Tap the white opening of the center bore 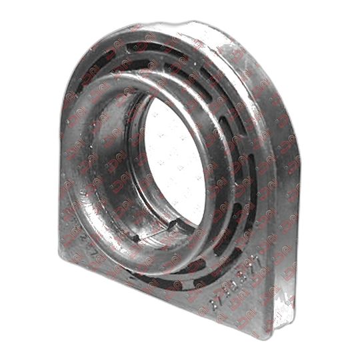175,160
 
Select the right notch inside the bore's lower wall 175,227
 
